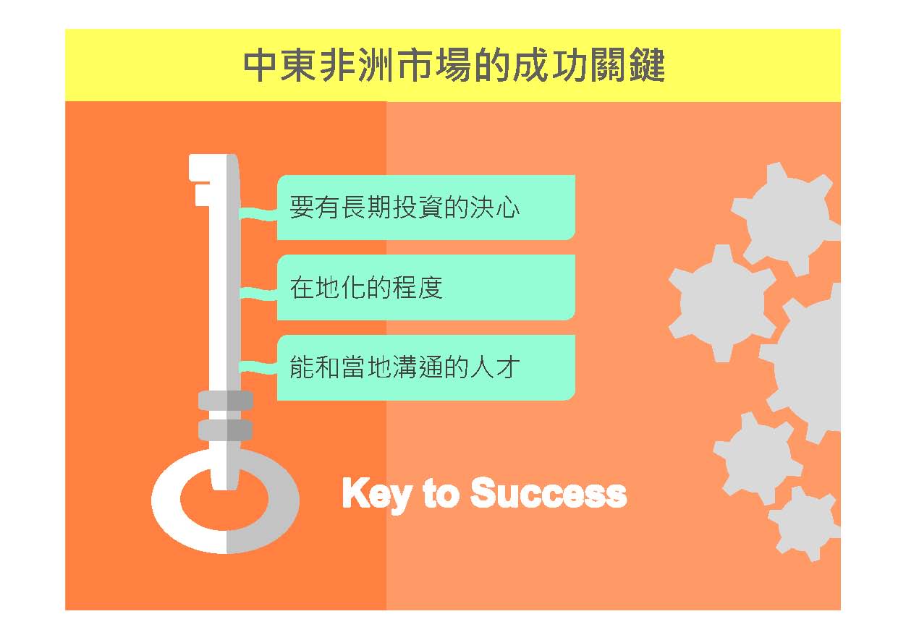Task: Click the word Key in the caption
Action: (x=376, y=495)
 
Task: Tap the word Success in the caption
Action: (x=549, y=492)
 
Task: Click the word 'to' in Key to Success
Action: (x=441, y=493)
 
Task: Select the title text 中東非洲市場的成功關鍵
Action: (x=454, y=65)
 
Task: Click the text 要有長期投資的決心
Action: (x=405, y=208)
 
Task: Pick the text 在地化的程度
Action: (x=366, y=287)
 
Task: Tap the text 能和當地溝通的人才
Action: (x=405, y=367)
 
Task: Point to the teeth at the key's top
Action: (x=200, y=180)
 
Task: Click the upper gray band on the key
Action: (x=226, y=400)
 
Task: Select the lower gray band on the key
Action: (x=226, y=430)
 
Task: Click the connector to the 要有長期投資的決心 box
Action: (x=258, y=214)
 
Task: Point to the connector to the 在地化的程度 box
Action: (x=258, y=293)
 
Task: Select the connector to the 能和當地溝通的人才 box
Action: (x=258, y=367)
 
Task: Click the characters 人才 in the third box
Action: (x=495, y=367)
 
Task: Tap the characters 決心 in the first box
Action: (x=495, y=208)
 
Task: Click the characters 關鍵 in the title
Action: (x=627, y=65)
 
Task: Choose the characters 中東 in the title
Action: (x=280, y=65)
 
